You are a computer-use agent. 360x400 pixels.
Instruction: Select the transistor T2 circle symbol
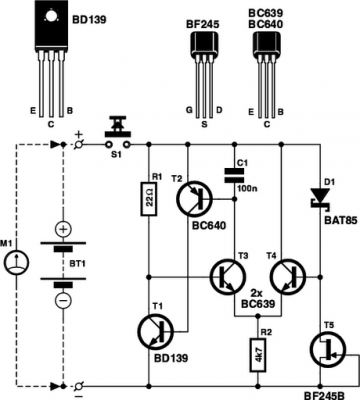tap(193, 200)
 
